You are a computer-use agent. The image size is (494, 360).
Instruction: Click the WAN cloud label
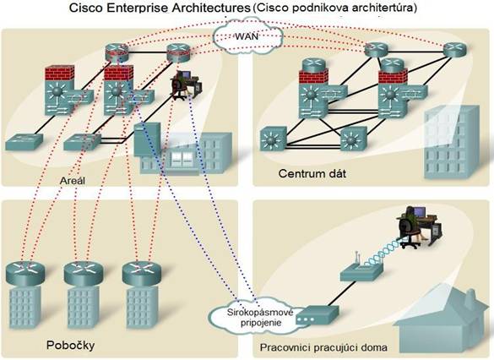click(x=247, y=36)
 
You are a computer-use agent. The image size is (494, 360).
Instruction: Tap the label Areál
click(x=73, y=180)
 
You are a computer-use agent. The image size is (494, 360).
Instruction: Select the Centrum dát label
click(x=312, y=173)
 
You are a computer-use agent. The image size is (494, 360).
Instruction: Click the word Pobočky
click(x=70, y=345)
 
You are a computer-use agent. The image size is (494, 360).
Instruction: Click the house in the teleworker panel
click(x=443, y=321)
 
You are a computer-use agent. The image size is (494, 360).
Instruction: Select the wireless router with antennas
click(x=361, y=270)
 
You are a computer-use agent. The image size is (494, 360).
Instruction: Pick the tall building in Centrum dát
click(x=451, y=143)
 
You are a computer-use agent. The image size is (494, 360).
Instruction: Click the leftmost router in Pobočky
click(x=24, y=273)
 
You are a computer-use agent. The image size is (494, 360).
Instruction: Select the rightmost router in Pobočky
click(x=142, y=273)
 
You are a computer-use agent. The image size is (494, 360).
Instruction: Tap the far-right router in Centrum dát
click(x=454, y=50)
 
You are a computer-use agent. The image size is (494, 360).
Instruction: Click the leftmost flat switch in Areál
click(x=24, y=141)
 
